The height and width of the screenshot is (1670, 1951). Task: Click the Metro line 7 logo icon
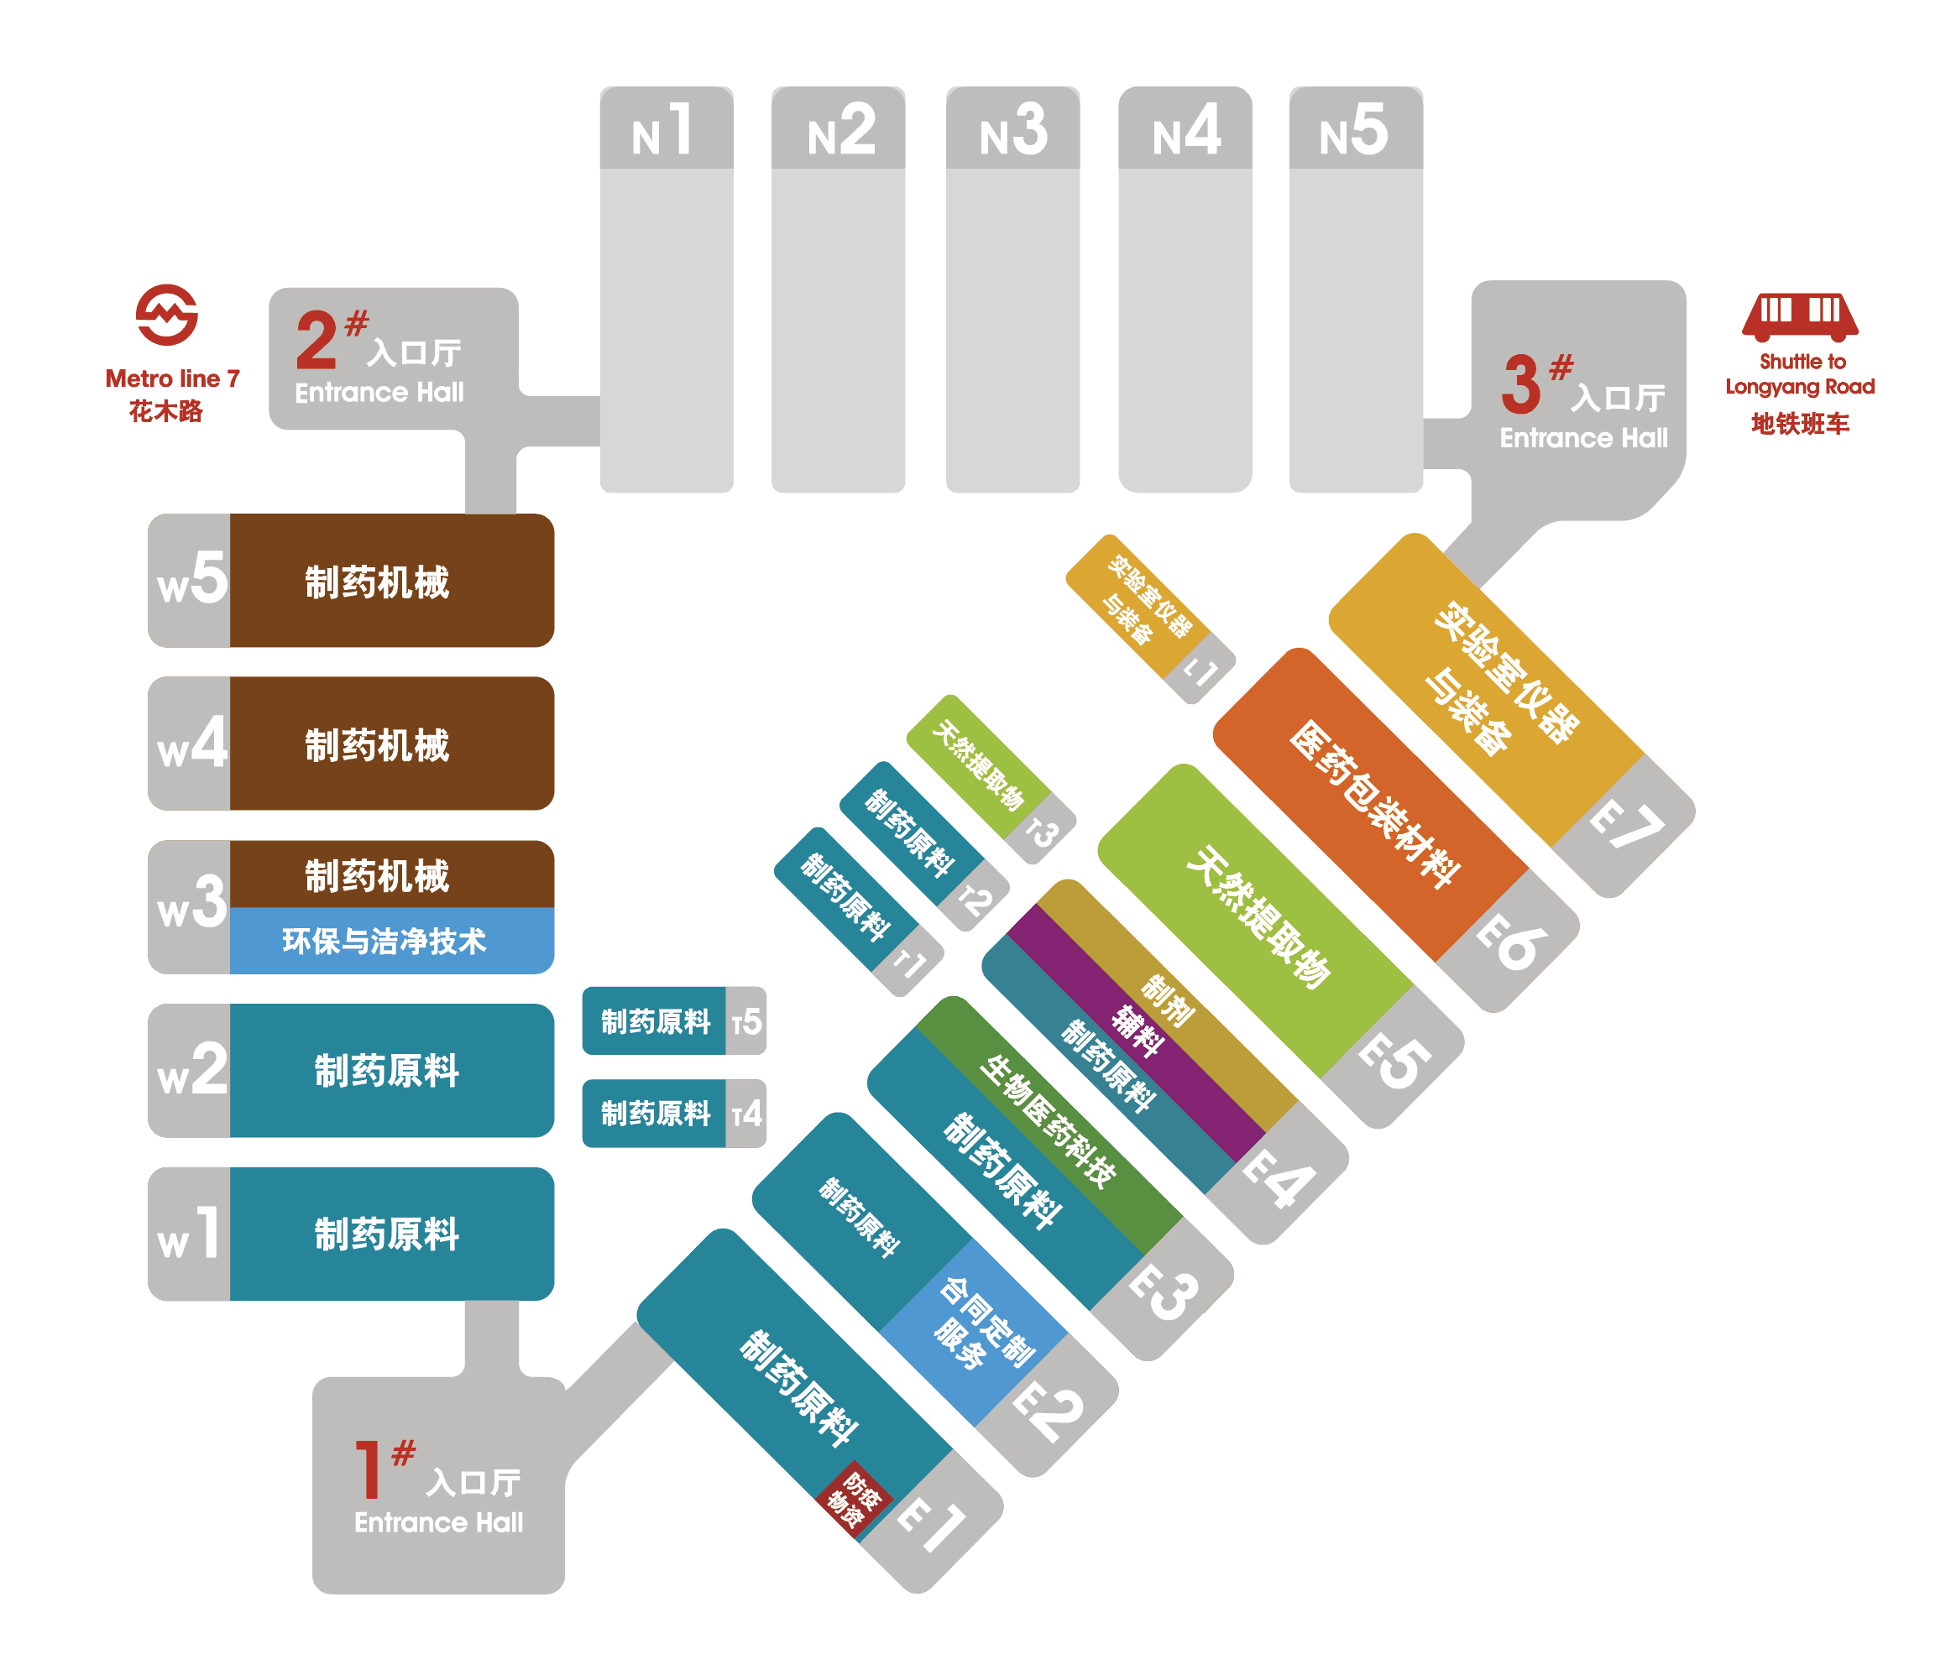167,315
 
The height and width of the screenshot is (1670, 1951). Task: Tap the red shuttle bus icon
1799,316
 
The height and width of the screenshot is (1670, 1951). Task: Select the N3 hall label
1013,130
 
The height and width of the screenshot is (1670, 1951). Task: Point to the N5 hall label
1354,130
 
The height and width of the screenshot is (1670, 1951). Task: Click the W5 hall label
191,578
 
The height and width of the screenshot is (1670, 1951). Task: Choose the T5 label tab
745,1021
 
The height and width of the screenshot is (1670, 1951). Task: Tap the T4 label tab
745,1114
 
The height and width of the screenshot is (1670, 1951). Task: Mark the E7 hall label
1625,824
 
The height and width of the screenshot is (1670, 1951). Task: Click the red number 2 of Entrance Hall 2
316,341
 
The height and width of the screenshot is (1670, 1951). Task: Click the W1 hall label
188,1234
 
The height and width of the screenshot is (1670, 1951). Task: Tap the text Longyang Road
1799,386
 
